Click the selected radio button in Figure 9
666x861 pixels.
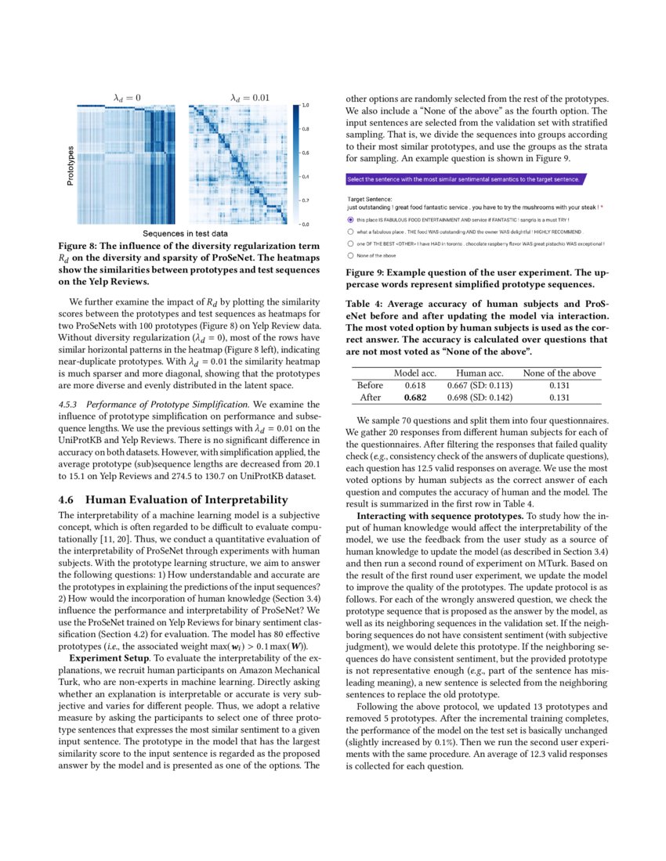pyautogui.click(x=349, y=220)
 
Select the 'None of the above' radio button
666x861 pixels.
pyautogui.click(x=349, y=255)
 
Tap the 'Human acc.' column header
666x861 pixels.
pyautogui.click(x=479, y=373)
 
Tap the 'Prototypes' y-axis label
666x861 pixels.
pyautogui.click(x=71, y=165)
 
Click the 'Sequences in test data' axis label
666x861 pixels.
pyautogui.click(x=185, y=233)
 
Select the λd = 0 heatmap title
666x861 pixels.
pyautogui.click(x=128, y=97)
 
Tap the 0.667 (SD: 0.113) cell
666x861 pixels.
pyautogui.click(x=479, y=385)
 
